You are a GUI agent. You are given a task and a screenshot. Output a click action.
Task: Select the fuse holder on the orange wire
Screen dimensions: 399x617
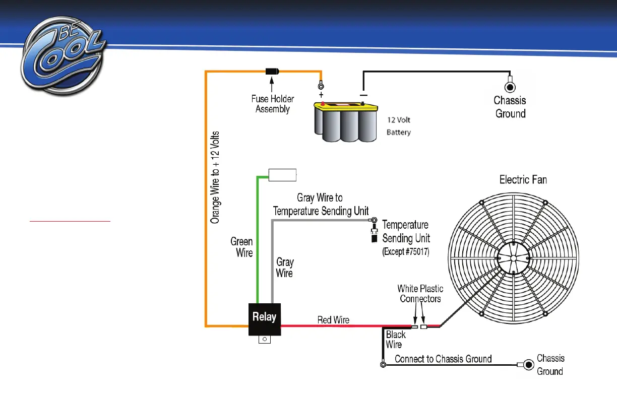[x=273, y=72]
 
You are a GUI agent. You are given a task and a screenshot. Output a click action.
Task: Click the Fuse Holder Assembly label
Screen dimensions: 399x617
[x=273, y=104]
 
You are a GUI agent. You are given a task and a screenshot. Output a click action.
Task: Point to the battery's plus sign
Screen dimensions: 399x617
[x=321, y=95]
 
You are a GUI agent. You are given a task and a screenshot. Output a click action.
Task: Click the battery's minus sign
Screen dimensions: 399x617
[x=363, y=95]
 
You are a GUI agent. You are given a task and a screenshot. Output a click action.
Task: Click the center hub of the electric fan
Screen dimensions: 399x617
[x=512, y=258]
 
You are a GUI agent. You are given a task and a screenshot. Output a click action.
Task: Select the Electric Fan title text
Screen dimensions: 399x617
[x=523, y=179]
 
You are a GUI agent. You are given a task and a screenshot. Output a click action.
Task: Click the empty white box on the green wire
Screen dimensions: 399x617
[x=282, y=175]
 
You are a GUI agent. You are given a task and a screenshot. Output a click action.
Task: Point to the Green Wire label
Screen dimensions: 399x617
[x=242, y=247]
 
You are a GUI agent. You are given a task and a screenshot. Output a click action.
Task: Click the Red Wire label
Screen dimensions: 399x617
[x=333, y=320]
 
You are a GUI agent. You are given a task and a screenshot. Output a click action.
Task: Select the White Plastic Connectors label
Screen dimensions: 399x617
[x=420, y=294]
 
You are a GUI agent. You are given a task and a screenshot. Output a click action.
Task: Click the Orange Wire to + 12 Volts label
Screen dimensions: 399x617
[x=215, y=177]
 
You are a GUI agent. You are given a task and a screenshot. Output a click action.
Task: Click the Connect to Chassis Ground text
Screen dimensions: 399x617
[x=443, y=359]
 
